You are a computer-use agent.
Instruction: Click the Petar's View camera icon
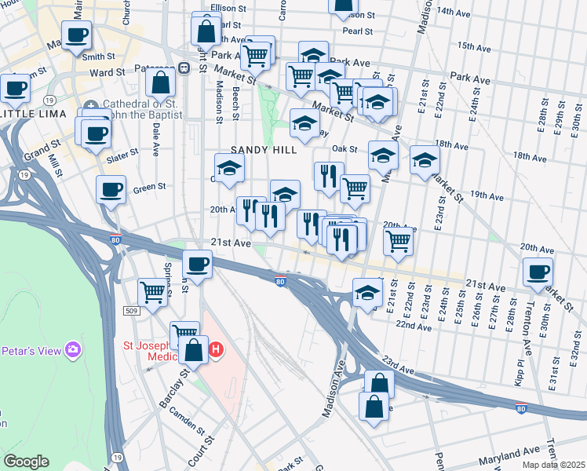tap(73, 349)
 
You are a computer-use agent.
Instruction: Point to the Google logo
tap(26, 462)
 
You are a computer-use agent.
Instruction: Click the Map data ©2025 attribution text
tap(552, 465)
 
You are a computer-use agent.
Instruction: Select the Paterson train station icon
tap(184, 68)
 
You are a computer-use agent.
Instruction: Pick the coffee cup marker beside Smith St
tap(77, 36)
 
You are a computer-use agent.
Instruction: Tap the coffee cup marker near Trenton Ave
tap(538, 272)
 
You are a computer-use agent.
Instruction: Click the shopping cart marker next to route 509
tap(153, 293)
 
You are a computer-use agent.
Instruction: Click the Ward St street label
tap(108, 72)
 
